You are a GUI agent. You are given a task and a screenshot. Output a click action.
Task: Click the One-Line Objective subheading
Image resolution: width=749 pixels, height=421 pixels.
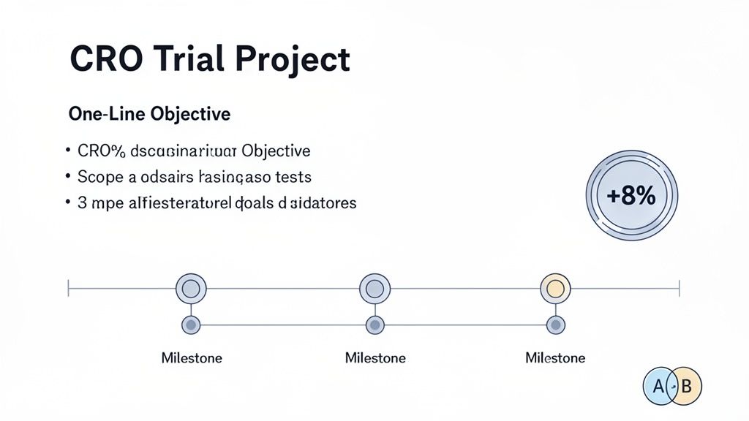point(149,115)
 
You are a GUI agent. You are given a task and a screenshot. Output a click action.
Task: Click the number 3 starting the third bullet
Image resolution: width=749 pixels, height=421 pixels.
point(82,202)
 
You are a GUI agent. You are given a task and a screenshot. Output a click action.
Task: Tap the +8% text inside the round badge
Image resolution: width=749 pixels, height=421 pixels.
point(631,196)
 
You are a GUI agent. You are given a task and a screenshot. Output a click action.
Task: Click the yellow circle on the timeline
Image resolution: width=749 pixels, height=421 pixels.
point(555,288)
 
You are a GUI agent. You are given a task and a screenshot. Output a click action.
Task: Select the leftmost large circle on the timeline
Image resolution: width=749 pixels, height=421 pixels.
point(191,288)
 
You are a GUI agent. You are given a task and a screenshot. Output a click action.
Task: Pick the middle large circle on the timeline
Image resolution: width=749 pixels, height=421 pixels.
point(374,288)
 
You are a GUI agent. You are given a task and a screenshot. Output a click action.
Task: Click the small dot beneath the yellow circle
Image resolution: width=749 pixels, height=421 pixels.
point(556,324)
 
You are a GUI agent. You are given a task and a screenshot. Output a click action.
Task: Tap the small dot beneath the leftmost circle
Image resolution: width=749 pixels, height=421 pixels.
point(191,324)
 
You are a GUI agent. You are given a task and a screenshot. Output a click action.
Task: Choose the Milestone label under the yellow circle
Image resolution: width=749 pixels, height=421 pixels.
point(555,358)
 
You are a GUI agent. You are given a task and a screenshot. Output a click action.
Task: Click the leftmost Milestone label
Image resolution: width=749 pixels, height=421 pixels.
point(192,358)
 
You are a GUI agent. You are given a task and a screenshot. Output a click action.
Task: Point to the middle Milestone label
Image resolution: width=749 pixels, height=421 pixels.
point(374,358)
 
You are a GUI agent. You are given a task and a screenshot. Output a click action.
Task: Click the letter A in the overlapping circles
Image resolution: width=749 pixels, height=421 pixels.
point(658,387)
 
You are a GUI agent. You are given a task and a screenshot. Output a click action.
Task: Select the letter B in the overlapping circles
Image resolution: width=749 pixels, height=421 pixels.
point(686,387)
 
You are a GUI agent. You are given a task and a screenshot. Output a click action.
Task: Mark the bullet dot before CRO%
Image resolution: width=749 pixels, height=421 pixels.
point(67,151)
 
